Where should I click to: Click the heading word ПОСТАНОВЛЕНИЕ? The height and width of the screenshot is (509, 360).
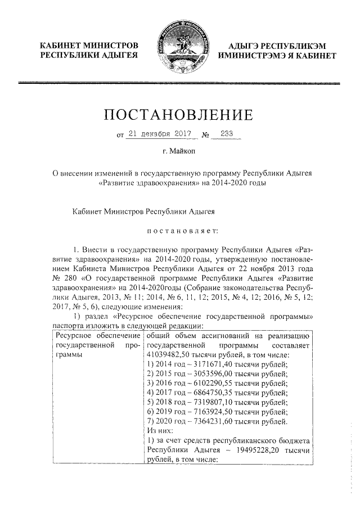(x=179, y=115)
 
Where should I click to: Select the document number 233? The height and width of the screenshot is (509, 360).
(x=227, y=134)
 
